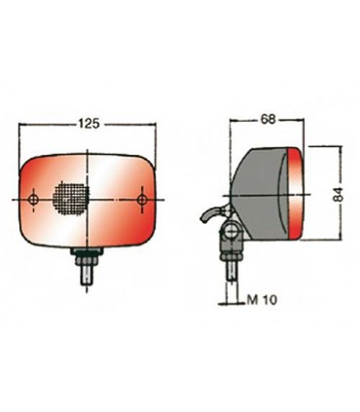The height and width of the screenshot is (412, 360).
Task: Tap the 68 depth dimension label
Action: pyautogui.click(x=268, y=120)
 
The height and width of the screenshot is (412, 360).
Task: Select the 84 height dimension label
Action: pyautogui.click(x=338, y=195)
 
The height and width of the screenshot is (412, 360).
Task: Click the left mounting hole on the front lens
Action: pyautogui.click(x=37, y=201)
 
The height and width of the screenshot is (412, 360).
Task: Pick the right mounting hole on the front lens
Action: pyautogui.click(x=143, y=201)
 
